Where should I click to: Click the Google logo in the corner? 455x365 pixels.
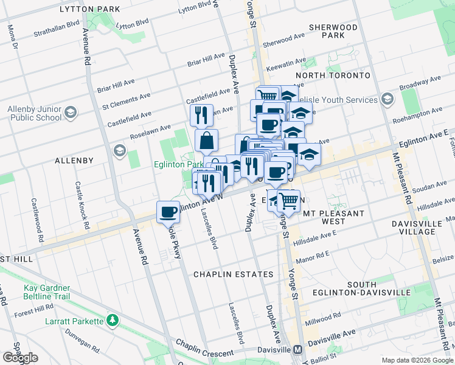click(x=20, y=357)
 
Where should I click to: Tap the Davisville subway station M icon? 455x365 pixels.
click(x=297, y=350)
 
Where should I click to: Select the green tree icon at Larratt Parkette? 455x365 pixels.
click(x=112, y=319)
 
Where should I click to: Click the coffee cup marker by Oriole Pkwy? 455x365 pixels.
click(x=168, y=212)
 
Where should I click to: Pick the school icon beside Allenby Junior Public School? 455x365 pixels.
click(x=71, y=113)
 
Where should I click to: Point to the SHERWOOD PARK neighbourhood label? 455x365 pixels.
click(x=333, y=32)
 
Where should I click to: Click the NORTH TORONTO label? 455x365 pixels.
click(x=333, y=75)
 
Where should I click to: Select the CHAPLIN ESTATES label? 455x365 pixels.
click(x=234, y=274)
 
